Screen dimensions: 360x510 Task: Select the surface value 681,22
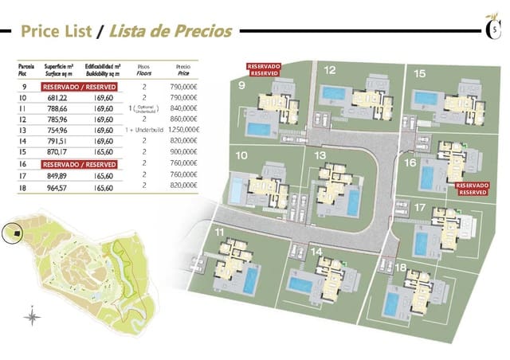(57, 97)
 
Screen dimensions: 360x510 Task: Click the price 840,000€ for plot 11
(182, 108)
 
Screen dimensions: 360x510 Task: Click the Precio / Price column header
(182, 69)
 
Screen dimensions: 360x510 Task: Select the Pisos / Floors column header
(144, 69)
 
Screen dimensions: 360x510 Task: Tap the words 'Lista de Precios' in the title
(171, 32)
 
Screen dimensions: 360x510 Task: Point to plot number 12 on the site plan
(329, 71)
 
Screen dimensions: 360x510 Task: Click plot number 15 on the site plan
(419, 73)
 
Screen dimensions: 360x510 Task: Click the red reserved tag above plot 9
(263, 69)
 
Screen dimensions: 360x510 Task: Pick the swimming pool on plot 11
(250, 279)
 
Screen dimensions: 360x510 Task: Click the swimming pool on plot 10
(237, 190)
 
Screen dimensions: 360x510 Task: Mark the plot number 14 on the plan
(316, 252)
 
